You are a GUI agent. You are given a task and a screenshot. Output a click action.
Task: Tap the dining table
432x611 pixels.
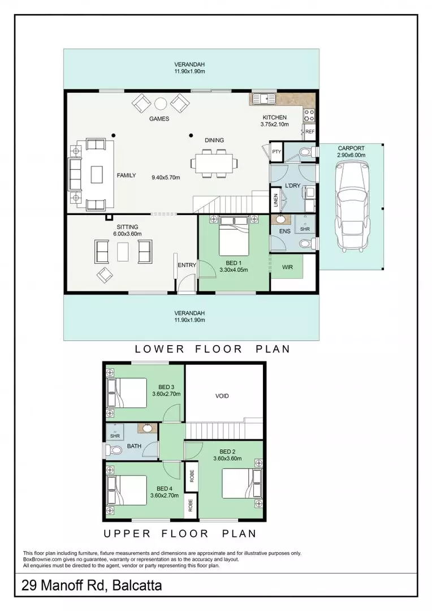[x=214, y=162]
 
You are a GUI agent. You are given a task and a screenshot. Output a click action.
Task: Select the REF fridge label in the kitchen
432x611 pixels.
[x=310, y=132]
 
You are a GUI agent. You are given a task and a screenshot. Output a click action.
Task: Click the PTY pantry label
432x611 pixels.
[x=276, y=152]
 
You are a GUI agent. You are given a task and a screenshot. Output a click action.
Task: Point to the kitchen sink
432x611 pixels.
[x=263, y=99]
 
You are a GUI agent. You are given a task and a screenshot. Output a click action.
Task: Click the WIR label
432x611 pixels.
[x=287, y=267]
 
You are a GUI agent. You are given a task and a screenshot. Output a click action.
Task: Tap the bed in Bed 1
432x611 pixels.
[x=234, y=235]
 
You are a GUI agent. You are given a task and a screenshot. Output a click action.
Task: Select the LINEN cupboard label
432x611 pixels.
[x=276, y=201]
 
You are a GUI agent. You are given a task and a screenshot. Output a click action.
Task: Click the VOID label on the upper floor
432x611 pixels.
[x=222, y=396]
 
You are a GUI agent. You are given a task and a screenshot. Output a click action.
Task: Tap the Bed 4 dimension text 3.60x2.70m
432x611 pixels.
[x=165, y=496]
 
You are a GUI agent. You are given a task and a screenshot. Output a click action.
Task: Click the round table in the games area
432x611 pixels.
[x=161, y=104]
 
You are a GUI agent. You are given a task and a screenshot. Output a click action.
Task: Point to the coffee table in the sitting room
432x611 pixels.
[x=123, y=252]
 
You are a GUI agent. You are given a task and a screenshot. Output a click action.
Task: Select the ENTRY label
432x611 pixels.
[x=187, y=265]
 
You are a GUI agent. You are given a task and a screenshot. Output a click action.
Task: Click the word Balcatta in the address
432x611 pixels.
[x=137, y=586]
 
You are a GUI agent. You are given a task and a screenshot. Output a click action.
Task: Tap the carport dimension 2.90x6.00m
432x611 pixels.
[x=351, y=155]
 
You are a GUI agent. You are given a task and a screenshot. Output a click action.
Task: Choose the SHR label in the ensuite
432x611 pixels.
[x=305, y=229]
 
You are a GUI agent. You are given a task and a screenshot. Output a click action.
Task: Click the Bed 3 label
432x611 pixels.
[x=166, y=387]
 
